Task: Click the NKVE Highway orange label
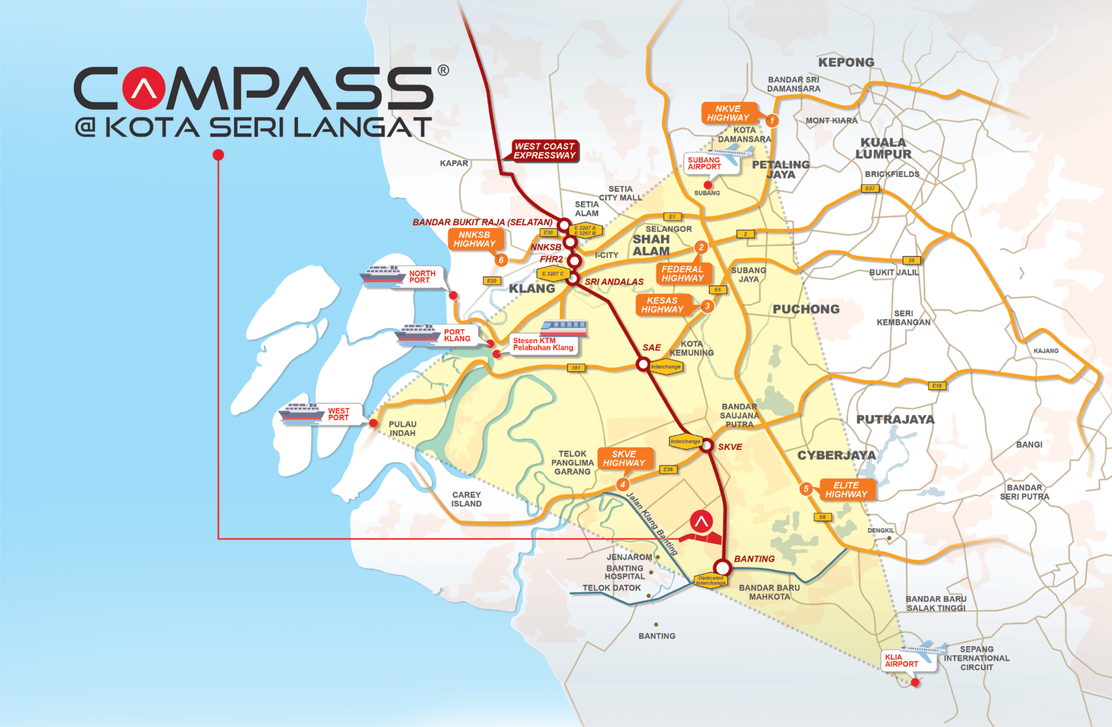tap(728, 113)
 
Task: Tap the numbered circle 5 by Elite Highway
tap(806, 489)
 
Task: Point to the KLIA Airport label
tap(901, 661)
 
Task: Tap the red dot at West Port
tap(373, 423)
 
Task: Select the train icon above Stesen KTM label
tap(564, 327)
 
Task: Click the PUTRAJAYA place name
tap(895, 419)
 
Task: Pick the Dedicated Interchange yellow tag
tap(710, 580)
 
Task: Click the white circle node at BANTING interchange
tap(723, 568)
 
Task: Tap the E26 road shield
tap(668, 469)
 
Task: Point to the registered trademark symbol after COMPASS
tap(443, 71)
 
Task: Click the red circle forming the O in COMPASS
tap(143, 88)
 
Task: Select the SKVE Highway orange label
tap(624, 458)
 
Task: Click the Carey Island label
tap(466, 499)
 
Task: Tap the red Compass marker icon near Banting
tap(701, 522)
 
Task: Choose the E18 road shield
tap(937, 386)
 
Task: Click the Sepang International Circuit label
tap(976, 658)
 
